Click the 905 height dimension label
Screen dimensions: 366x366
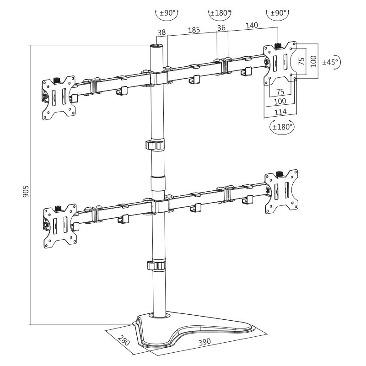26,192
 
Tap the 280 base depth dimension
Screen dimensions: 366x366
124,341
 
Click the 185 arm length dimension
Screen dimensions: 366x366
194,30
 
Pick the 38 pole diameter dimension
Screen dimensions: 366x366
161,32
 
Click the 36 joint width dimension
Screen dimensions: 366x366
222,28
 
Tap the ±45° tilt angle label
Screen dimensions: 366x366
330,62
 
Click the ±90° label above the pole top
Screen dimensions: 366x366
167,13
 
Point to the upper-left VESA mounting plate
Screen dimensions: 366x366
59,97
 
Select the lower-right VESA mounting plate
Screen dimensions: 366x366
281,191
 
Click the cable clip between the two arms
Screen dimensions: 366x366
155,145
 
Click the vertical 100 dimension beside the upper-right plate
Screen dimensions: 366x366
313,62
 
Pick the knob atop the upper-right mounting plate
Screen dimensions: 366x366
278,46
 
